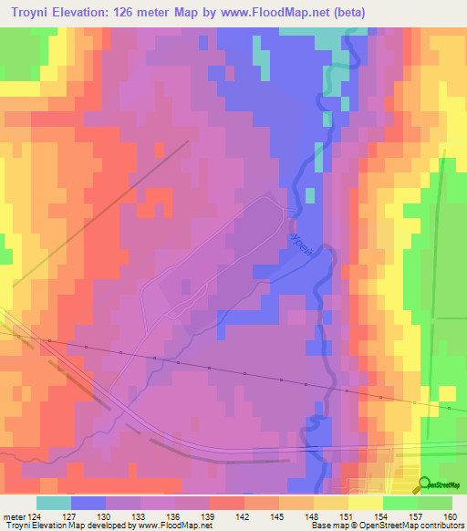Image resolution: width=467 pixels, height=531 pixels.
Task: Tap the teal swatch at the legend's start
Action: pos(53,504)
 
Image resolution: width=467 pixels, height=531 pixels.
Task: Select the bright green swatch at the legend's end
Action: pos(434,504)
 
